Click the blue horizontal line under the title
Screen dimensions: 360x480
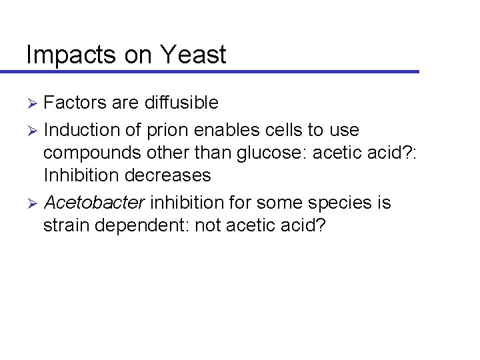tap(220, 71)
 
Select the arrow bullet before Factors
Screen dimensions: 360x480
tap(32, 103)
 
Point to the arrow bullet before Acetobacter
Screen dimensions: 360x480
tap(32, 202)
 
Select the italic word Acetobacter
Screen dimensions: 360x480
tap(94, 201)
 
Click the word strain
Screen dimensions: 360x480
tap(66, 225)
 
